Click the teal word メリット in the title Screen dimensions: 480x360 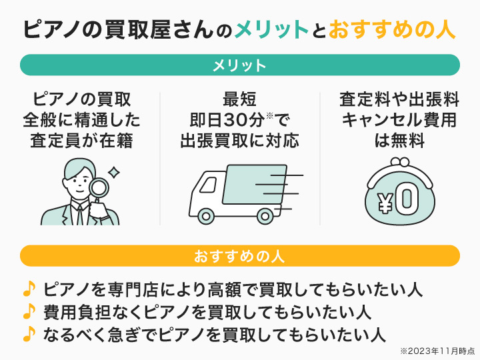[x=271, y=30]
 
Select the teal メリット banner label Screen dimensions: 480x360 [x=240, y=65]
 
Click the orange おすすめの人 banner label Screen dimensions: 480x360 [x=240, y=256]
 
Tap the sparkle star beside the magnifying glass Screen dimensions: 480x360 [x=114, y=172]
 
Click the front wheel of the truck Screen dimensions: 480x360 [x=207, y=215]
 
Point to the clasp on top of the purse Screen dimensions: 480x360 [x=400, y=162]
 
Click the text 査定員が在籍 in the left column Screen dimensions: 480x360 [x=81, y=141]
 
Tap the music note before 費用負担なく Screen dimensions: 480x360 [x=29, y=311]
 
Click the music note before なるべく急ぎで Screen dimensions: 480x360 [x=29, y=332]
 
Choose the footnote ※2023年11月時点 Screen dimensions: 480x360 [x=436, y=350]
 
